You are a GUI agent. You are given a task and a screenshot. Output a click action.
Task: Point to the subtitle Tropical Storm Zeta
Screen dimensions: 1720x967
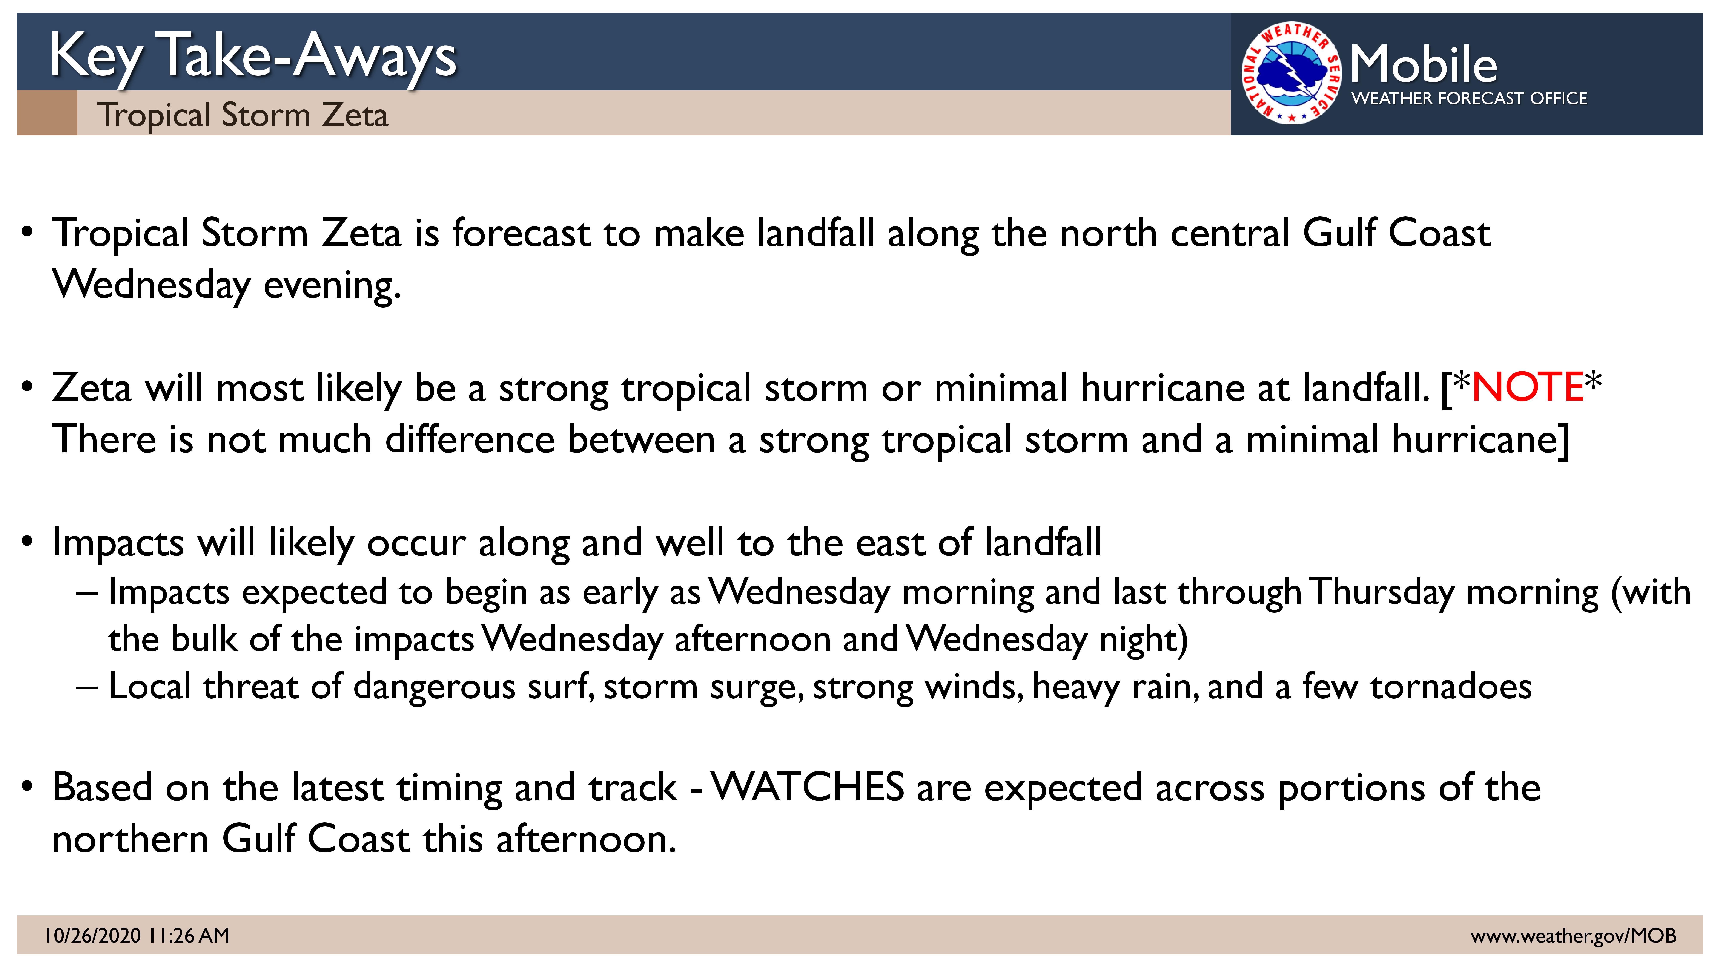tap(242, 115)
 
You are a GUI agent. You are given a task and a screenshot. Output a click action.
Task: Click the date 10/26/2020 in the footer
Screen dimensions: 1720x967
tap(93, 936)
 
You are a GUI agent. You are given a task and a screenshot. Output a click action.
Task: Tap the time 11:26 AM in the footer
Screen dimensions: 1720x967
tap(190, 936)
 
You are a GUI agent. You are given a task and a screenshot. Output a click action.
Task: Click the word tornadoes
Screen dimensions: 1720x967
tap(1451, 687)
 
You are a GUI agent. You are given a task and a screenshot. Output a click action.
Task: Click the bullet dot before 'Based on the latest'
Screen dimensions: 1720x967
tap(27, 787)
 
